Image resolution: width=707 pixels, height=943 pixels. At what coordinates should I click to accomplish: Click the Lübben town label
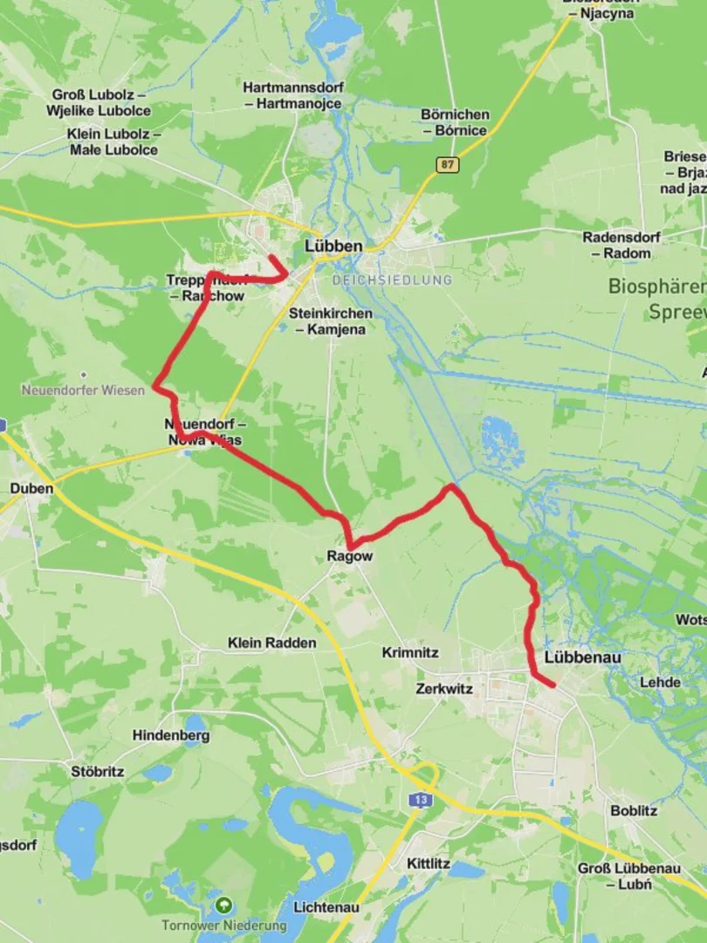click(333, 246)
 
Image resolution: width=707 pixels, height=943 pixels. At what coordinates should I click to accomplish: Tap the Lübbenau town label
click(580, 657)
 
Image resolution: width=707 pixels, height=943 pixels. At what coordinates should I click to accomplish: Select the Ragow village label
click(349, 556)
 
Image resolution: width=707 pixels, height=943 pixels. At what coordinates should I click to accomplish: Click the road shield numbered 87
click(448, 164)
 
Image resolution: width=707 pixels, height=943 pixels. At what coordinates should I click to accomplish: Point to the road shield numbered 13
click(422, 799)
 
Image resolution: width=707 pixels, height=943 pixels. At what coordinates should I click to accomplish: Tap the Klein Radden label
click(272, 643)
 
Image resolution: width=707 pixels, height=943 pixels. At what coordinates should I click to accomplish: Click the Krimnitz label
click(410, 652)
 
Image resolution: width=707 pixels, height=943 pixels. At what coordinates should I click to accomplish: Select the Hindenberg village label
click(171, 735)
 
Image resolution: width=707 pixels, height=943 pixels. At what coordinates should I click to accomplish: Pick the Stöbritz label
click(98, 772)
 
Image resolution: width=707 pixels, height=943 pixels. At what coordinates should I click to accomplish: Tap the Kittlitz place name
click(429, 864)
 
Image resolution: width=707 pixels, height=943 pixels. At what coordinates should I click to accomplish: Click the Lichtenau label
click(326, 907)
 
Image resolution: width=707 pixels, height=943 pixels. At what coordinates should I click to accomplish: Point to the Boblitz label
click(634, 810)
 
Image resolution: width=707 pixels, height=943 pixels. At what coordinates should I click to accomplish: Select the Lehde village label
click(660, 682)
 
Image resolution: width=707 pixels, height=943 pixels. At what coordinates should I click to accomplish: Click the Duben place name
click(31, 488)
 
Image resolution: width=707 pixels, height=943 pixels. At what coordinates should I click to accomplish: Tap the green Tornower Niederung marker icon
click(225, 905)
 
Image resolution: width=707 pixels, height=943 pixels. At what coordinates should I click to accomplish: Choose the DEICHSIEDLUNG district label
click(392, 280)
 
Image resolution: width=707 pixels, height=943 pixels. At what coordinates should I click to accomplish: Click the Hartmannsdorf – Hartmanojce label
click(293, 96)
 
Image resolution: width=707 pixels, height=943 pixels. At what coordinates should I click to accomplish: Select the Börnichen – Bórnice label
click(455, 122)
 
